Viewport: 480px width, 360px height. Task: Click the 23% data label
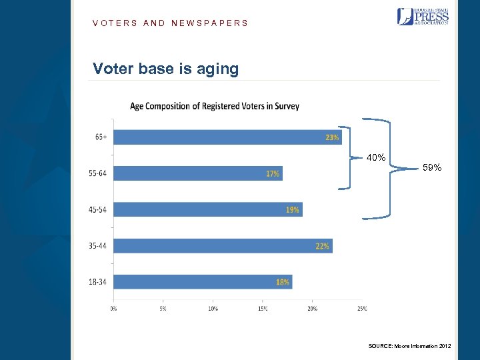pos(331,138)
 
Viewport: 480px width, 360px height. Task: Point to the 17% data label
pos(273,174)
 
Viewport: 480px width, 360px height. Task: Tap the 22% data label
pos(322,246)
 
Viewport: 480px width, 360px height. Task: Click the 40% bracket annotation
pos(375,158)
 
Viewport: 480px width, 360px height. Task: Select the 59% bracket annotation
pos(432,168)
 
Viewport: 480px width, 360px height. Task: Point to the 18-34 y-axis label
pos(97,282)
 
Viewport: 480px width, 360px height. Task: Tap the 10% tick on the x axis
pos(213,308)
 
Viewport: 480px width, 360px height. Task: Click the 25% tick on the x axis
pos(362,308)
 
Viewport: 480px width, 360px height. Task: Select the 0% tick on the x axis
pos(113,308)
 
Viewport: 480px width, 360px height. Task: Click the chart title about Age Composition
pos(214,106)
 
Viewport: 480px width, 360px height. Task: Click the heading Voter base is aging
pos(165,69)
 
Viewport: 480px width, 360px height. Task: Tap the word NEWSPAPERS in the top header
pos(209,23)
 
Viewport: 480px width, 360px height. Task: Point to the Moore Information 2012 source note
pos(409,346)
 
